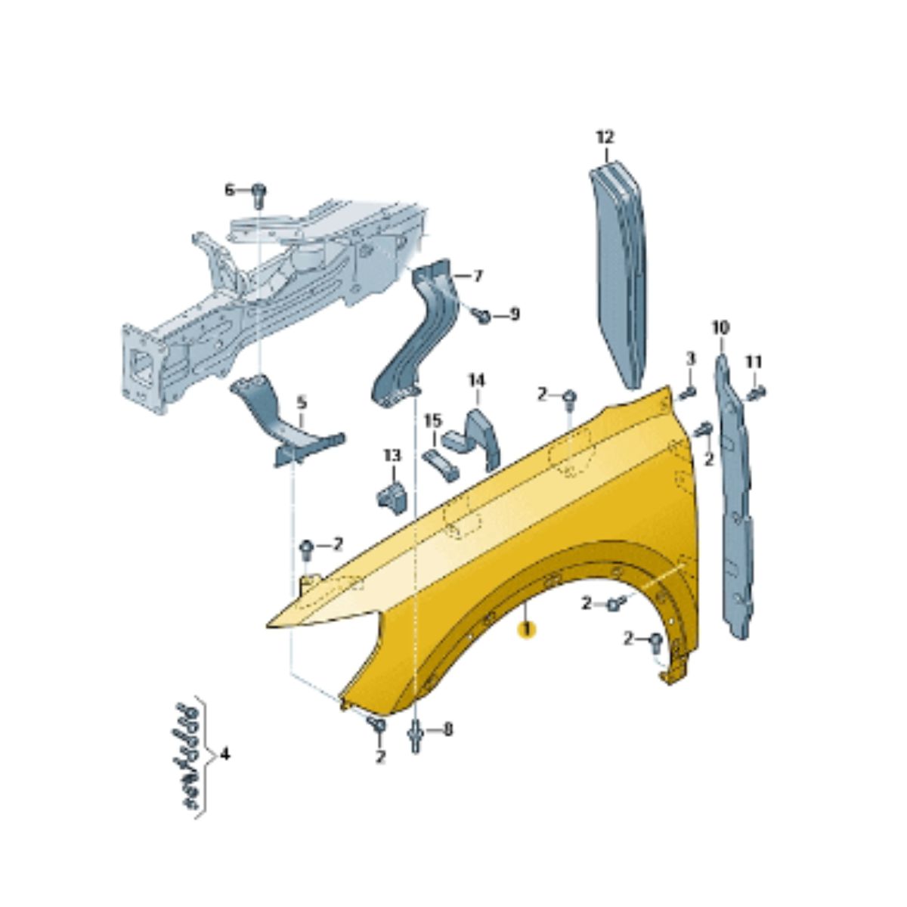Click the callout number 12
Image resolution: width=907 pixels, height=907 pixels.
(605, 138)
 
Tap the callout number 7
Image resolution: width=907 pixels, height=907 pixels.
(477, 277)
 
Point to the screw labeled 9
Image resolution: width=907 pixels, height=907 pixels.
(482, 316)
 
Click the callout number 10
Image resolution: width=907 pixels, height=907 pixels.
(720, 327)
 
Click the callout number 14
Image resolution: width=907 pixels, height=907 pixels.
(476, 380)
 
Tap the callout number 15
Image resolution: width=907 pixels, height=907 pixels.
(434, 420)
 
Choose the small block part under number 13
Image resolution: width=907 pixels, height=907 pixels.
(392, 498)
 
